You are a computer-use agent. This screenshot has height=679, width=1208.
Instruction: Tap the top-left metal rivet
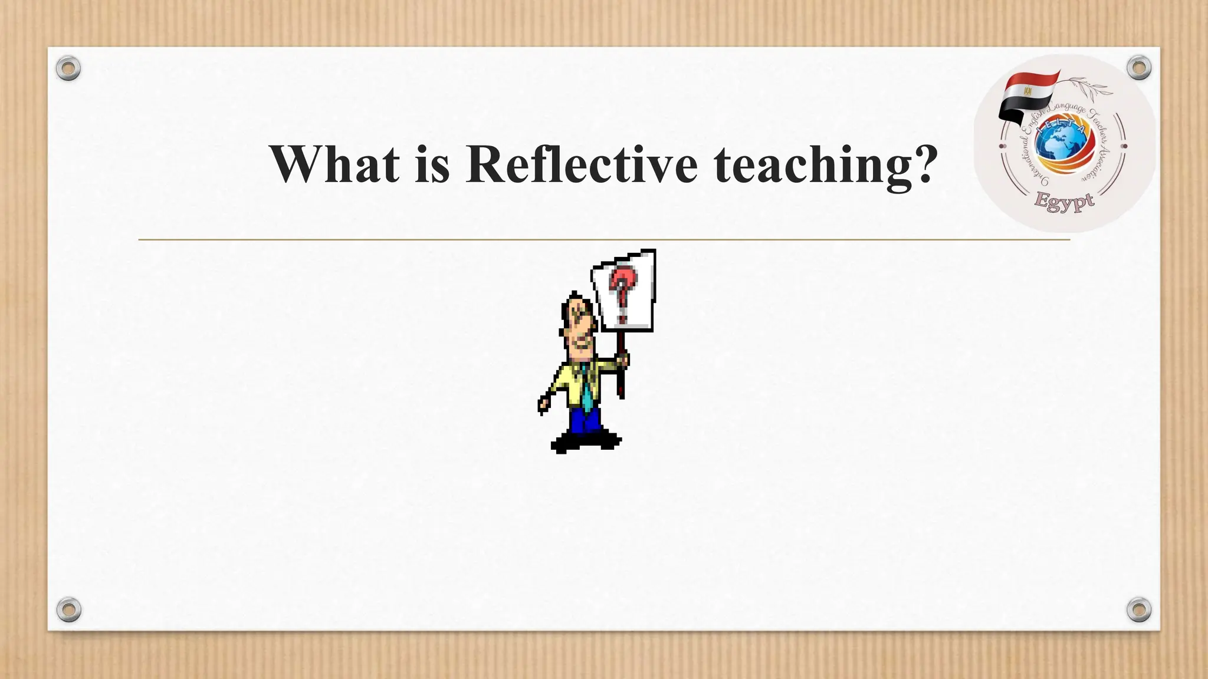pos(68,68)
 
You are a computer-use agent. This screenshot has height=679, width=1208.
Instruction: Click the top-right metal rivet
pos(1138,68)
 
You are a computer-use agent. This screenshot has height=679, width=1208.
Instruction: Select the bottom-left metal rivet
pos(68,609)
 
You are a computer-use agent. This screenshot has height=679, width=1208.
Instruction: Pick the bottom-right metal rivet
pos(1138,609)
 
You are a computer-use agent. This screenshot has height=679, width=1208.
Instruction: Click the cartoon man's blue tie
pos(586,390)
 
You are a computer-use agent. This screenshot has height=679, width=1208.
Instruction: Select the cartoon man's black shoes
pos(585,441)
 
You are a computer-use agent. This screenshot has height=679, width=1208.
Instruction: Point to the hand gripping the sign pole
pos(622,360)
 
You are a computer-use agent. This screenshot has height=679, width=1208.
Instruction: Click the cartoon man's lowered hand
pos(543,405)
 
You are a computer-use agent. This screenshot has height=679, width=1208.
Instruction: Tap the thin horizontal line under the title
pos(604,240)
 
